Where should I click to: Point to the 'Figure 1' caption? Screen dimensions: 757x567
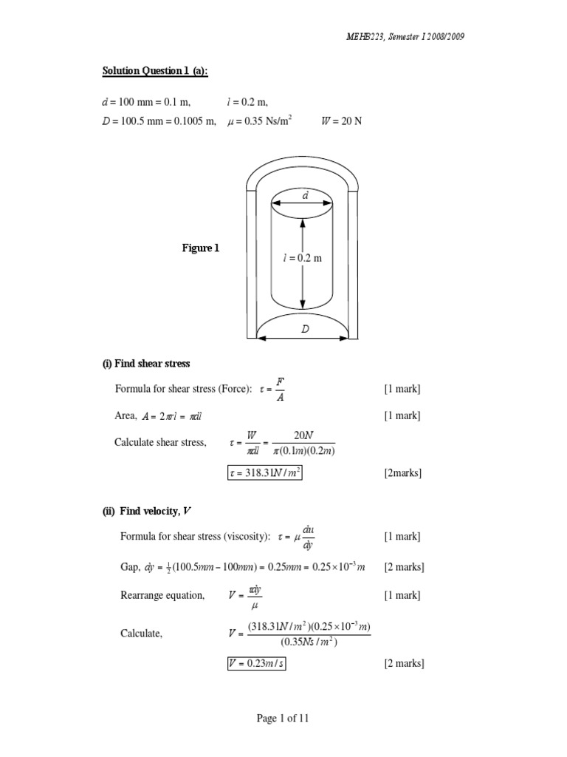[200, 248]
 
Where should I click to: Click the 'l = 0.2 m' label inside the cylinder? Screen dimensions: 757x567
[302, 258]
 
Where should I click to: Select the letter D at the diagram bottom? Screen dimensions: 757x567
[304, 330]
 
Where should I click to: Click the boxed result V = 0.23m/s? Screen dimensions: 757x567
[256, 663]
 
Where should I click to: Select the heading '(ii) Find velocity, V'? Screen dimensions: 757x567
[149, 512]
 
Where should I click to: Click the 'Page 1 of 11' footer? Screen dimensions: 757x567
[283, 718]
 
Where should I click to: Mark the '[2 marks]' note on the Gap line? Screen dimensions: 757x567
[403, 567]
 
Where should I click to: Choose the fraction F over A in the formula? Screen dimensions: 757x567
[279, 390]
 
